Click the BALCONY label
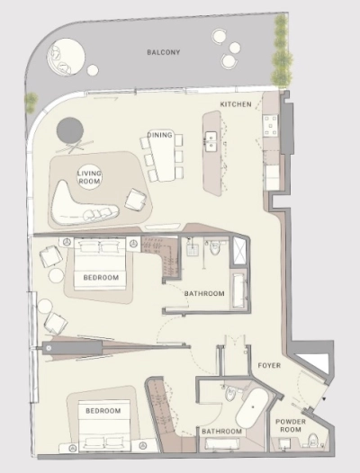[x=164, y=52]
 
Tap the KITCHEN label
[x=236, y=104]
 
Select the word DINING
[x=160, y=135]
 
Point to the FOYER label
[x=269, y=366]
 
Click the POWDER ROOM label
[x=291, y=425]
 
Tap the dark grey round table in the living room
[x=70, y=130]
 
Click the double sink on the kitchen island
[x=211, y=141]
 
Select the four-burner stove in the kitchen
[x=270, y=126]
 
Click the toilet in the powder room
[x=313, y=440]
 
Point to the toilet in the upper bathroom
[x=215, y=248]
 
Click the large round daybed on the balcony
[x=66, y=57]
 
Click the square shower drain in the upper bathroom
[x=193, y=250]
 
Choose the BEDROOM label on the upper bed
[x=101, y=277]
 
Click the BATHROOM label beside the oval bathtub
[x=221, y=432]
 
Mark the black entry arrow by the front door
[x=324, y=398]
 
